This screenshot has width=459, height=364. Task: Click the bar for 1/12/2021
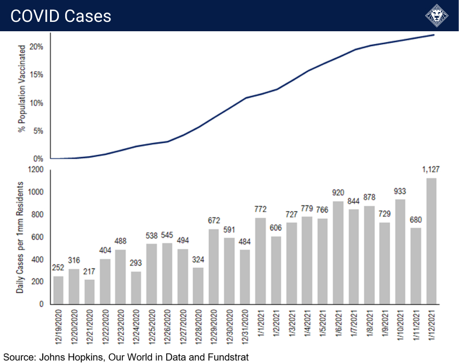point(432,241)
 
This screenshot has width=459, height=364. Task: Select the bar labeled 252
point(58,290)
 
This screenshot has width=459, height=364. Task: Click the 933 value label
point(401,191)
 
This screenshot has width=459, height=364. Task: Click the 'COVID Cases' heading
point(61,16)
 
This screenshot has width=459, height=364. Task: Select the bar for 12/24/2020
point(137,287)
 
